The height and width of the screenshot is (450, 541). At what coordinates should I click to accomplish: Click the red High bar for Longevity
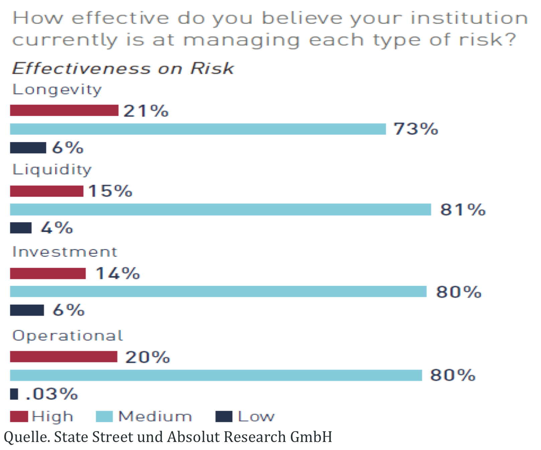(x=64, y=110)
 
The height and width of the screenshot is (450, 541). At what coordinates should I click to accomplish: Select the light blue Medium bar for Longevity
(x=198, y=129)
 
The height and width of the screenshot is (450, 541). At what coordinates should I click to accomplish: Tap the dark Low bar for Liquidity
(x=21, y=228)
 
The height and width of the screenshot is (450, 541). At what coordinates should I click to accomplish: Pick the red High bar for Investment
(x=48, y=273)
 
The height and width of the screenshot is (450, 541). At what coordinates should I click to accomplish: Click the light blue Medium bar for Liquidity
(x=220, y=210)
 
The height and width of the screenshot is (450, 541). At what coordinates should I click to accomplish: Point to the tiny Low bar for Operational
(x=14, y=394)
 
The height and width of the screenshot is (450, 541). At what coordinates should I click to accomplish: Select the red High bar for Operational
(x=64, y=357)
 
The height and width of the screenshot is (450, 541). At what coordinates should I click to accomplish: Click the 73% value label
(x=415, y=129)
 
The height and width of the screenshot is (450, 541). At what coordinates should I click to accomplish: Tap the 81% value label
(x=463, y=210)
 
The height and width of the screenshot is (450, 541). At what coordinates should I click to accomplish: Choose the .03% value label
(x=51, y=394)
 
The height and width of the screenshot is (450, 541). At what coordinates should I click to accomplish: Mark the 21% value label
(x=146, y=111)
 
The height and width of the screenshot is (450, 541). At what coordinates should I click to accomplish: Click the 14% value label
(x=118, y=273)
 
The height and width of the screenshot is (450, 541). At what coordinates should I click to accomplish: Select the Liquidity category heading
(x=52, y=170)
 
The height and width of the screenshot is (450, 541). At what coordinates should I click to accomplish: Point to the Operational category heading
(x=68, y=336)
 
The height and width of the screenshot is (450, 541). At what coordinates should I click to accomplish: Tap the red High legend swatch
(x=19, y=417)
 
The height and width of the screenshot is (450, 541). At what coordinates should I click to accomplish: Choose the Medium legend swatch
(x=104, y=417)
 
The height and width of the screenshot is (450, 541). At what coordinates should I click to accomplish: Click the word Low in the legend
(x=256, y=417)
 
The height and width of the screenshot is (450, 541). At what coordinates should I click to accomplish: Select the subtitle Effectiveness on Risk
(x=123, y=69)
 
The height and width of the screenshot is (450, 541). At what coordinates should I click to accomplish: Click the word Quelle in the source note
(x=26, y=437)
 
